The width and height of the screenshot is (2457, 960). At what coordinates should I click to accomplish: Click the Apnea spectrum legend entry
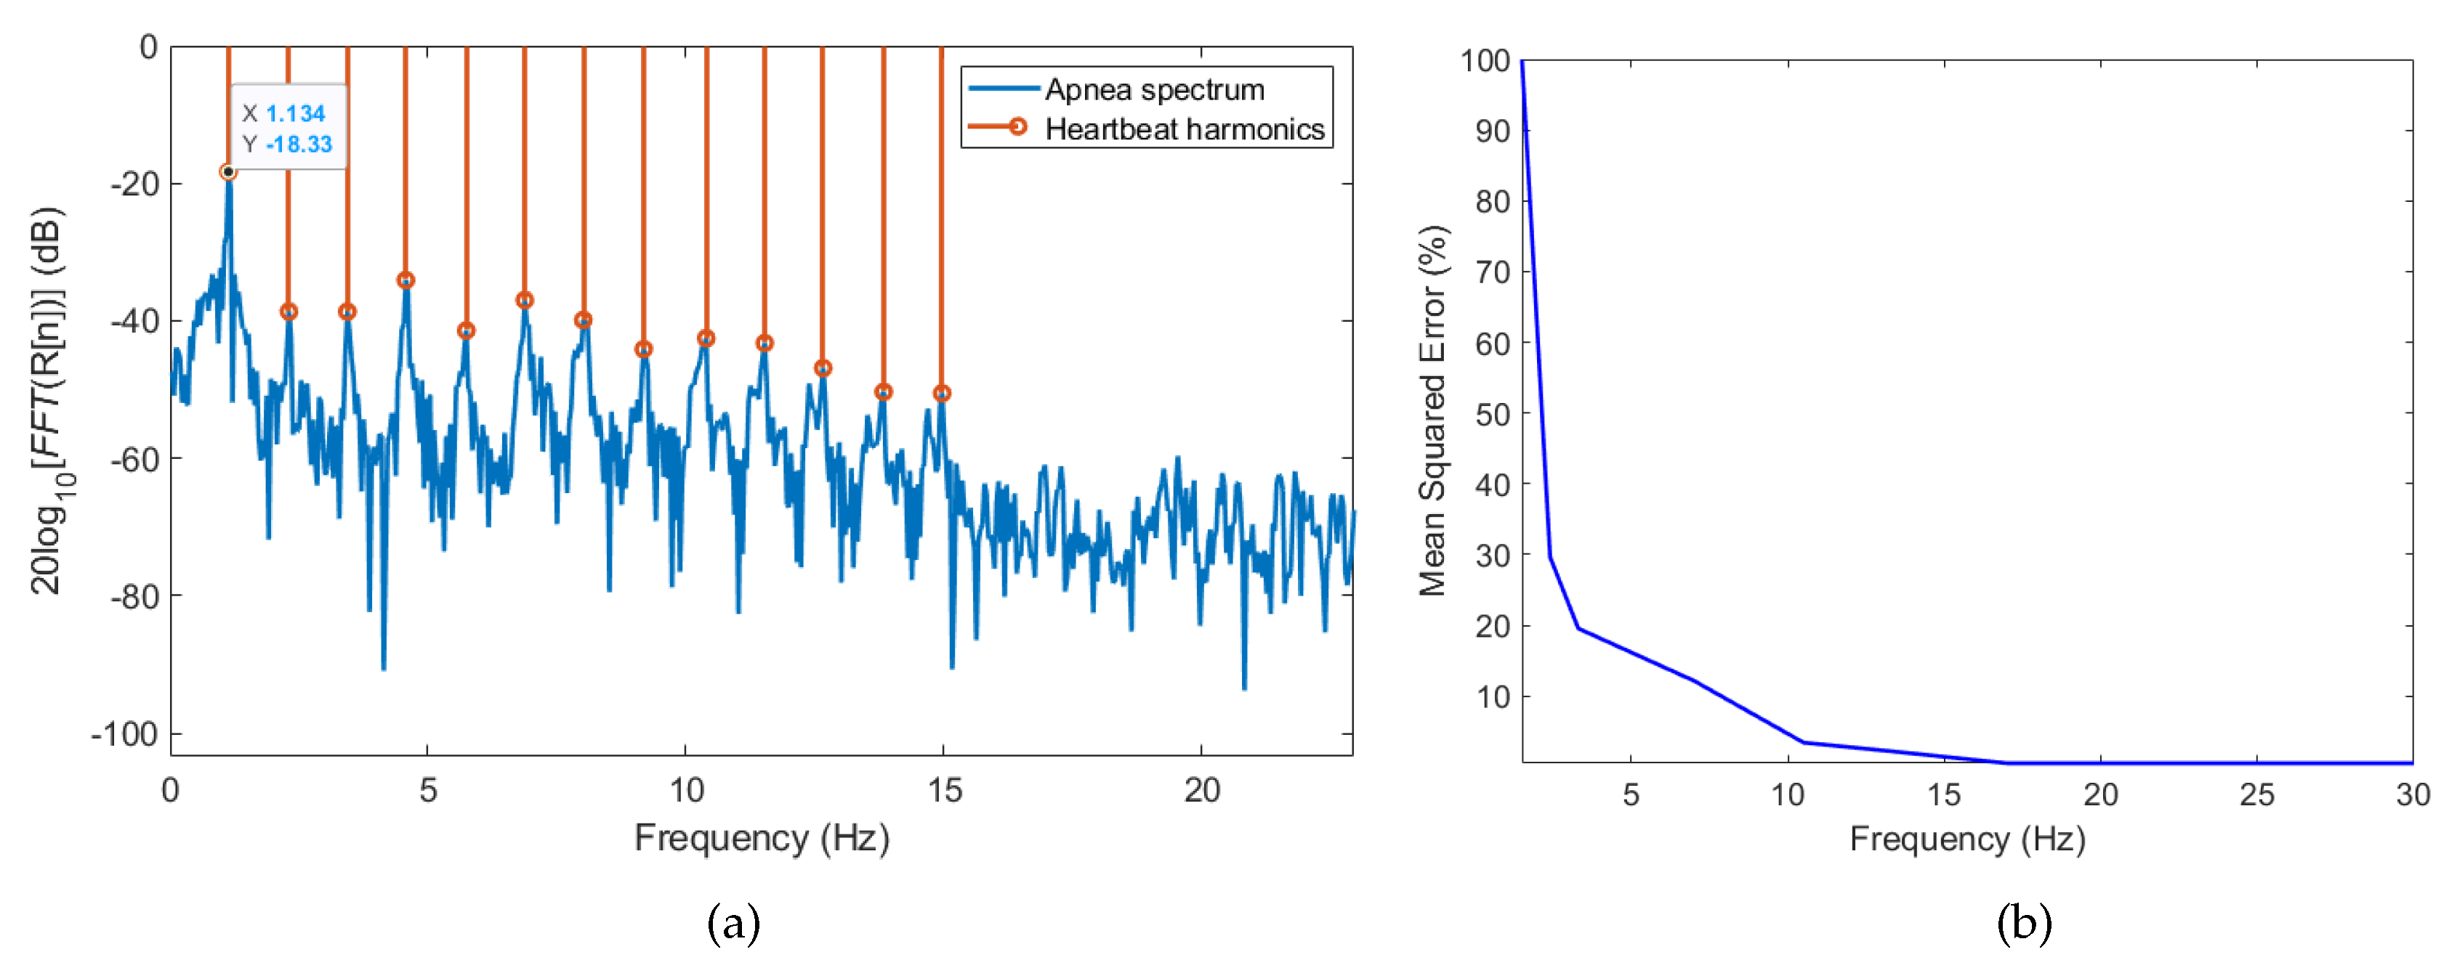pos(1154,89)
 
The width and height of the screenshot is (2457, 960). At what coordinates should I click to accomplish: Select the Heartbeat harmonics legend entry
pos(1184,129)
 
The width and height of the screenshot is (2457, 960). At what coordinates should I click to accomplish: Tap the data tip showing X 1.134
pos(288,128)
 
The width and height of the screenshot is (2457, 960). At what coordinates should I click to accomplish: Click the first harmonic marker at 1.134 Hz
pos(228,171)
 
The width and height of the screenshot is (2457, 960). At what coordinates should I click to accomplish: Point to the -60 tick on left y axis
pos(135,458)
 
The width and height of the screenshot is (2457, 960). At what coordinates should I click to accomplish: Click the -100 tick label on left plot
pos(124,734)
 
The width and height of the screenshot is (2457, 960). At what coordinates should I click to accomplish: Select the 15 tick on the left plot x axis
pos(943,790)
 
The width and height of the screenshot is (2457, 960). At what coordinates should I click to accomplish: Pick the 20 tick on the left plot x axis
pos(1201,790)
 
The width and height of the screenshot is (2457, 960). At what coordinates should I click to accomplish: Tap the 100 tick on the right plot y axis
pos(1485,61)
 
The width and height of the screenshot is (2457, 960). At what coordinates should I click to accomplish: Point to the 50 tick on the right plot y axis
pos(1493,414)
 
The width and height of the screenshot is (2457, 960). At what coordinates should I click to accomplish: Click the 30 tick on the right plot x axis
pos(2412,795)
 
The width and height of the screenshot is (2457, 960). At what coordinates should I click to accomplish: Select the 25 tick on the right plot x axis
pos(2256,795)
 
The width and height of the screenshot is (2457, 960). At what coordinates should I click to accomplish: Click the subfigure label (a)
pos(733,923)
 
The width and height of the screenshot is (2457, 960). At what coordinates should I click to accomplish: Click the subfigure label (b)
pos(2024,923)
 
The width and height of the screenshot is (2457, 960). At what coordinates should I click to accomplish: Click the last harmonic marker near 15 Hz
pos(941,393)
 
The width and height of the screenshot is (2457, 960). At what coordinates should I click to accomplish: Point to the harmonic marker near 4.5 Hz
pos(406,280)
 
